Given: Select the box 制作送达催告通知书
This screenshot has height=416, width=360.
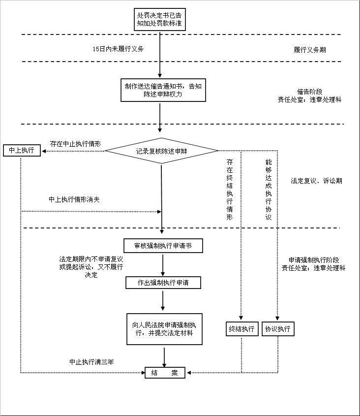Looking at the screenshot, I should pyautogui.click(x=162, y=90).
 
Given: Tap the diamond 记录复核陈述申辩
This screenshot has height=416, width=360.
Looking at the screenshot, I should pyautogui.click(x=162, y=151).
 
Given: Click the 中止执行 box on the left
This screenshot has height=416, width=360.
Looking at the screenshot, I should pyautogui.click(x=21, y=150).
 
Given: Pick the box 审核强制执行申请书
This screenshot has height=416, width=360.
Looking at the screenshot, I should pyautogui.click(x=163, y=245).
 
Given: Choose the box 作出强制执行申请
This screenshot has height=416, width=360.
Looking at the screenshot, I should pyautogui.click(x=163, y=283).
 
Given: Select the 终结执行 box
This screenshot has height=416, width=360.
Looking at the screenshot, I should pyautogui.click(x=241, y=329).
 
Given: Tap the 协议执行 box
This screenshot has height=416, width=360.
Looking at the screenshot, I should pyautogui.click(x=278, y=329).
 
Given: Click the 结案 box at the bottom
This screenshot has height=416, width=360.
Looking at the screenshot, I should pyautogui.click(x=165, y=373).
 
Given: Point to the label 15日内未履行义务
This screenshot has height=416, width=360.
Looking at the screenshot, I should pyautogui.click(x=119, y=49).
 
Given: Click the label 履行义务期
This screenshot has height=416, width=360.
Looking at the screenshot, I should pyautogui.click(x=309, y=50).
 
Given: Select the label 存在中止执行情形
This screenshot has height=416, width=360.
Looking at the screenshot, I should pyautogui.click(x=76, y=144).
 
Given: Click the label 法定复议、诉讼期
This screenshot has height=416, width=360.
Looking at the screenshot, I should pyautogui.click(x=316, y=181).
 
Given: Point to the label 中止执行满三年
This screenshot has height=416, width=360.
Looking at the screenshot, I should pyautogui.click(x=91, y=362).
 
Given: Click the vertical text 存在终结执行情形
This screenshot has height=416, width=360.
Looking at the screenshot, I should pyautogui.click(x=230, y=190).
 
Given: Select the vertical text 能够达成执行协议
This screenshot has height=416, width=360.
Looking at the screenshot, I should pyautogui.click(x=268, y=190).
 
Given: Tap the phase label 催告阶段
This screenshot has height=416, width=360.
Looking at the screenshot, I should pyautogui.click(x=309, y=92).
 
